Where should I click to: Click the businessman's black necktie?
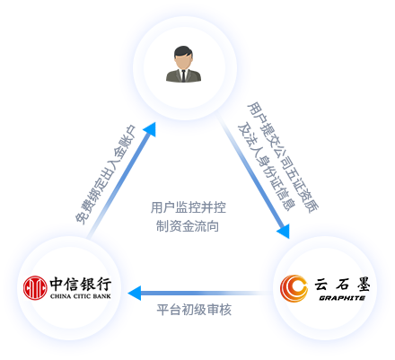[183, 75]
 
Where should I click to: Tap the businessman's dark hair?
[183, 51]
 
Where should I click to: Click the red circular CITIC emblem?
[35, 288]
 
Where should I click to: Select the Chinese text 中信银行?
[81, 284]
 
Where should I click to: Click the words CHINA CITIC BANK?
[81, 296]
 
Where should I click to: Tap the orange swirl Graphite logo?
[294, 288]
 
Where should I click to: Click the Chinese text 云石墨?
[342, 284]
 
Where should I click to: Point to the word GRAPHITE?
[342, 298]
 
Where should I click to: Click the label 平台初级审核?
[194, 310]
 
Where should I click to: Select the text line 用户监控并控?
[189, 207]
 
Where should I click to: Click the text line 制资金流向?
[188, 226]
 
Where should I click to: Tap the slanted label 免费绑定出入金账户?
[106, 174]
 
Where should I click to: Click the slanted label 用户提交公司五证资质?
[283, 158]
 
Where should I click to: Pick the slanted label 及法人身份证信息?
[267, 167]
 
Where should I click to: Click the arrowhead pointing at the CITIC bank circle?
[135, 293]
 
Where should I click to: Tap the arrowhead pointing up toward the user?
[150, 129]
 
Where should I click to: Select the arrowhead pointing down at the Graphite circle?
[284, 231]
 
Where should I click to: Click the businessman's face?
[183, 61]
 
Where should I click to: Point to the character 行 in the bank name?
[104, 284]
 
